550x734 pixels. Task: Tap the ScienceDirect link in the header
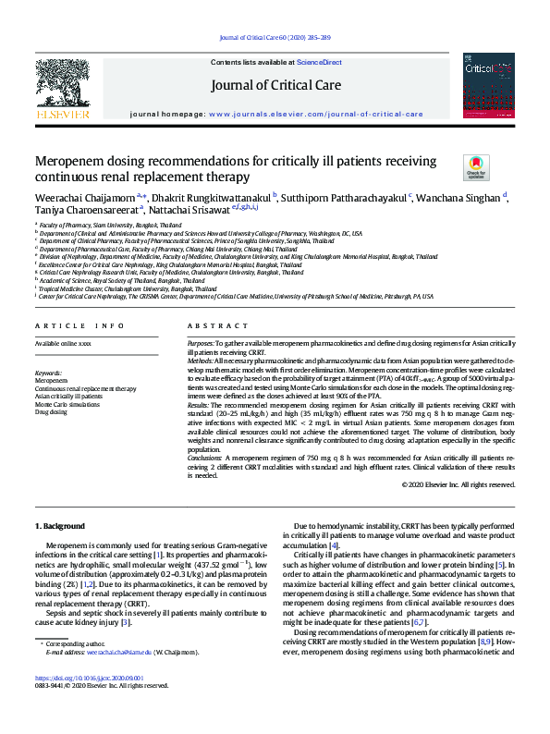coord(319,62)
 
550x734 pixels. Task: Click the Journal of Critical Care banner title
coord(275,86)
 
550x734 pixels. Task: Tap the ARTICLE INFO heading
coord(79,325)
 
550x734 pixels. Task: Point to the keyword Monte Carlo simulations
coord(67,404)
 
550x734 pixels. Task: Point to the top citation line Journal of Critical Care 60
coord(275,37)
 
